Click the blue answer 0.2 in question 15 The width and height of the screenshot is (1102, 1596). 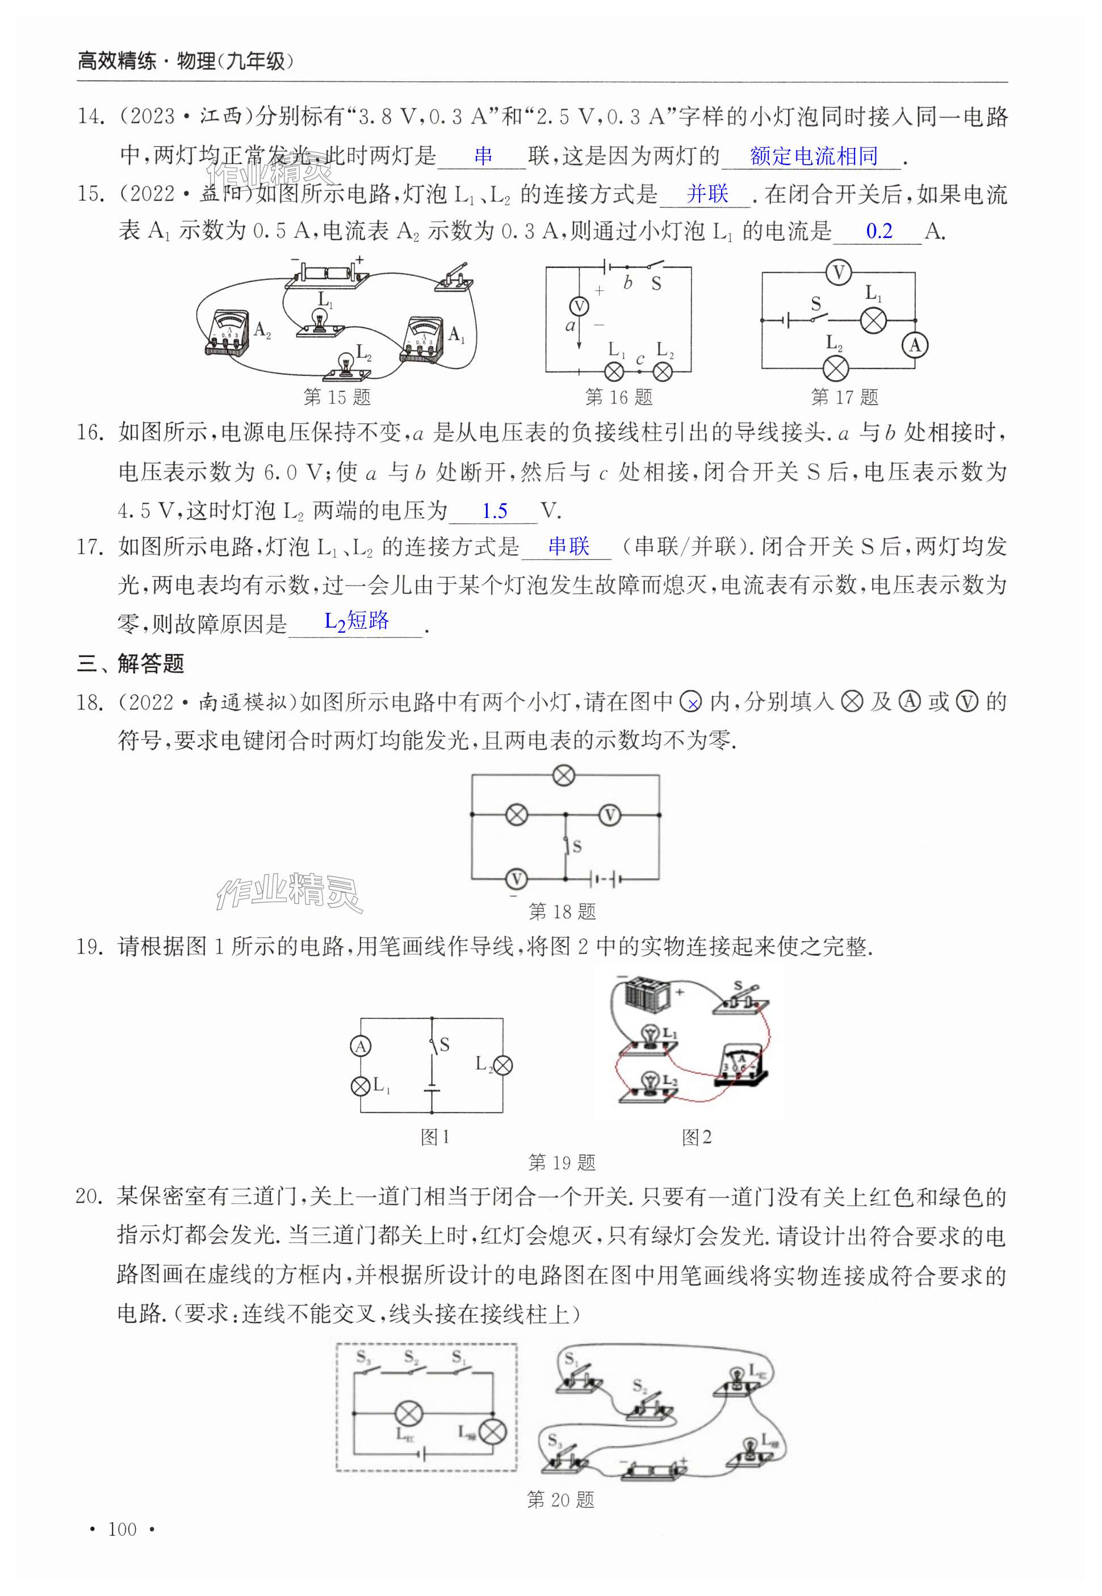(x=879, y=231)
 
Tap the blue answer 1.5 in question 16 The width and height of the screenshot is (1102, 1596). (x=495, y=511)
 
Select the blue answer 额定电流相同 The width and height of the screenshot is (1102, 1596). (x=814, y=156)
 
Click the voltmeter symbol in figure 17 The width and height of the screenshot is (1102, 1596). (x=839, y=273)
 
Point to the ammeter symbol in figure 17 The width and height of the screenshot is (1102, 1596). (x=915, y=345)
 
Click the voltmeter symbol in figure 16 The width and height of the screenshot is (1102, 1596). (x=579, y=306)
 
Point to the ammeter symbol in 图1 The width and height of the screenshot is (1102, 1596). (x=361, y=1047)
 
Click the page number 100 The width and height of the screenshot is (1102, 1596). (x=122, y=1548)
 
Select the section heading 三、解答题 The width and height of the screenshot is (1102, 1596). (x=131, y=664)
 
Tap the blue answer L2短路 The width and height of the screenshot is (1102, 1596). (x=357, y=621)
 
